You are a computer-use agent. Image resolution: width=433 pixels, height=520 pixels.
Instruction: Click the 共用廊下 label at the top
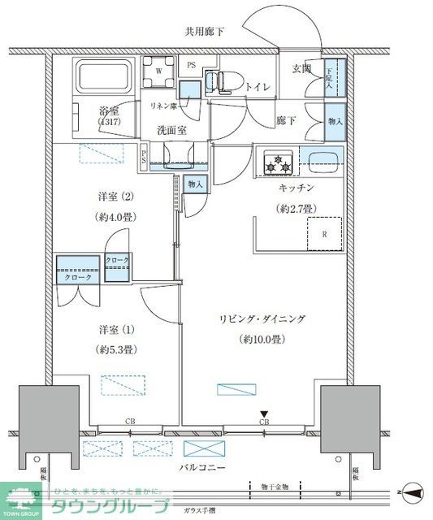pyautogui.click(x=203, y=32)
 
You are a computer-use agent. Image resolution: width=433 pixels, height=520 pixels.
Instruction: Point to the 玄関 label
pyautogui.click(x=303, y=70)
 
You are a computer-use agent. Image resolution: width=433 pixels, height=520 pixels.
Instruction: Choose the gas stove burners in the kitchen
pyautogui.click(x=276, y=161)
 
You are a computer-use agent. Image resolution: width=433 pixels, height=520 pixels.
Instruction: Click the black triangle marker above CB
pyautogui.click(x=264, y=414)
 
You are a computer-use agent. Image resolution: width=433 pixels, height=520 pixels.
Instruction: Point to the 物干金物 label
pyautogui.click(x=275, y=485)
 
